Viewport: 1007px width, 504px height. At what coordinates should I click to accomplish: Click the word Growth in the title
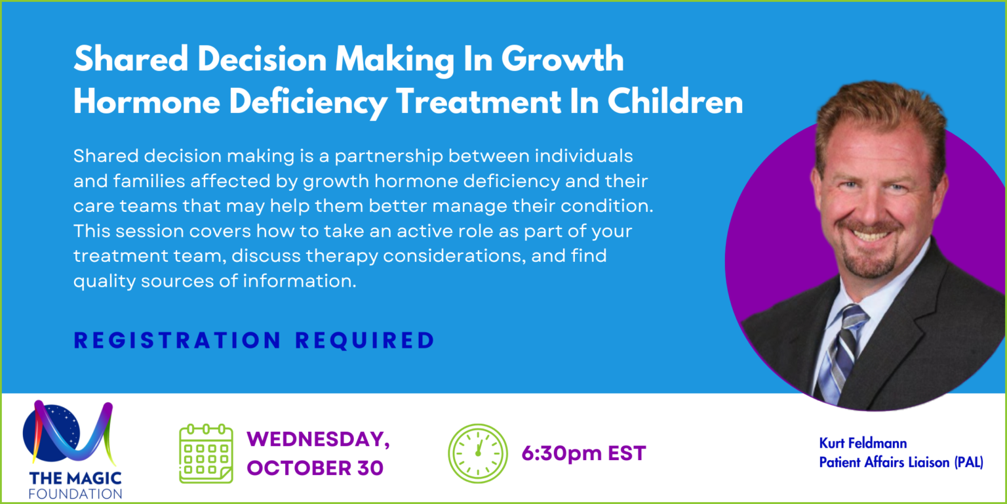point(563,59)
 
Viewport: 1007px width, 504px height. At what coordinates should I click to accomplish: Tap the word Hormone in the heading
point(147,102)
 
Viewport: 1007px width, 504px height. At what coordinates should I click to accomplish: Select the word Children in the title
point(675,101)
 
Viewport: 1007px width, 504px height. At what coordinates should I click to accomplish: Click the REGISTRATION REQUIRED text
point(254,340)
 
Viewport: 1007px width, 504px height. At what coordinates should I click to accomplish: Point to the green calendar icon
point(207,453)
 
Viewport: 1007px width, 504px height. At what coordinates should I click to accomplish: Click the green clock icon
point(478,453)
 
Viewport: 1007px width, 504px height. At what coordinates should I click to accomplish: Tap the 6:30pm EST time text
point(583,453)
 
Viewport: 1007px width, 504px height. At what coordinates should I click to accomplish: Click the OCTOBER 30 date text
point(315,468)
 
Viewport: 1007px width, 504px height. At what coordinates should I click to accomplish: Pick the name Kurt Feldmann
point(863,443)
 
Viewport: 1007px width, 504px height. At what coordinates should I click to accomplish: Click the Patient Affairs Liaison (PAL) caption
point(901,462)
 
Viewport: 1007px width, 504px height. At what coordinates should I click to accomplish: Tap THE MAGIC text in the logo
point(75,478)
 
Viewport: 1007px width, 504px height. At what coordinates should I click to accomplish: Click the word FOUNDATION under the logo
point(75,493)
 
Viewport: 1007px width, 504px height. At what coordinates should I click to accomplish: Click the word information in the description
point(300,281)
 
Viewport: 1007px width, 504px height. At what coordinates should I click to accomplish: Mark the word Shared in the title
point(131,59)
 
